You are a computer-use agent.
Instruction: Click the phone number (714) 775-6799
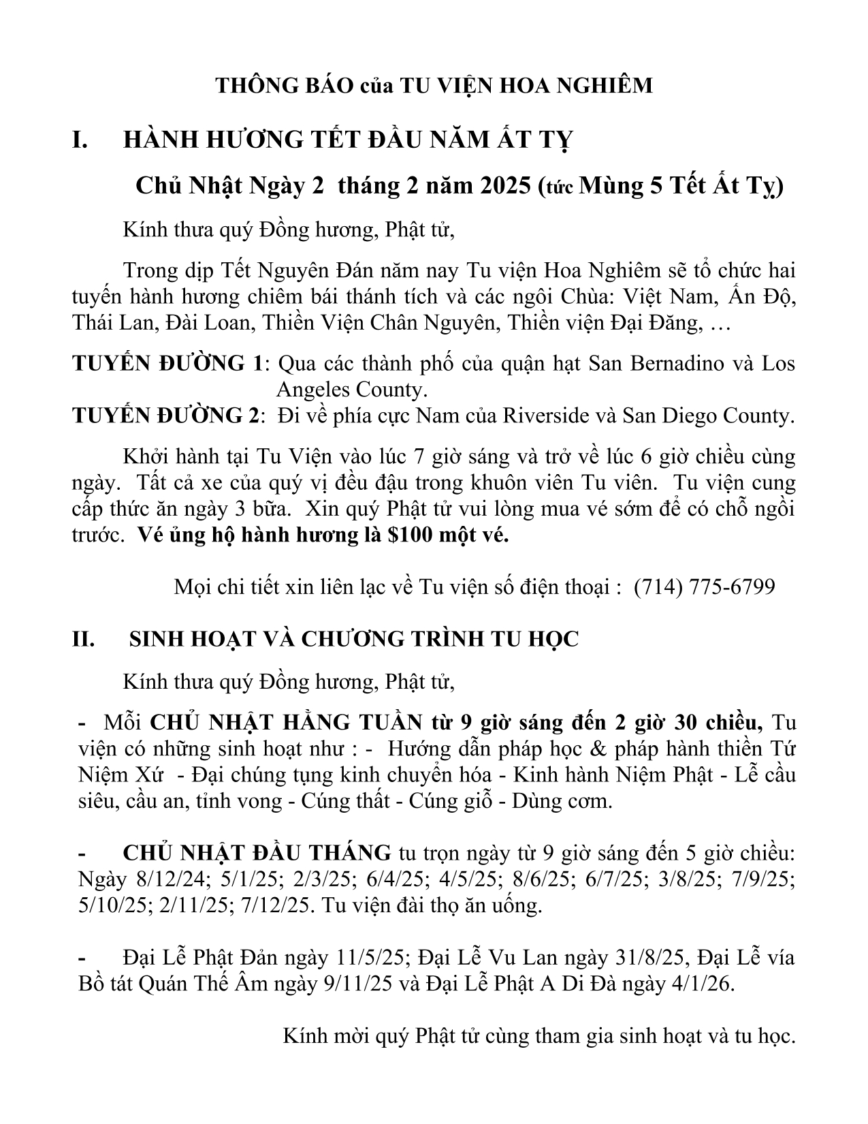[704, 587]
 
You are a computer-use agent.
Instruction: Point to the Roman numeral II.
[84, 639]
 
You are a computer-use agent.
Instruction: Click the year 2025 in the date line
[502, 185]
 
